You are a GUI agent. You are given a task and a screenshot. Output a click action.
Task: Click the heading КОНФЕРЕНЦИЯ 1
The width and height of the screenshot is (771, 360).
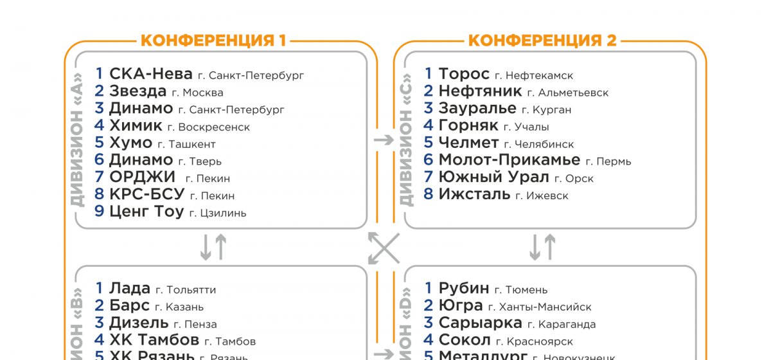coord(213,41)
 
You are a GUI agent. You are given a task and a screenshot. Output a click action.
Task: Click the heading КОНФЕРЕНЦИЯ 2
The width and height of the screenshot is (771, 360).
coord(542,41)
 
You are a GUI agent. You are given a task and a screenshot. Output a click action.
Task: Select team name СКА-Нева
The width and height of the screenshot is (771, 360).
coord(151,74)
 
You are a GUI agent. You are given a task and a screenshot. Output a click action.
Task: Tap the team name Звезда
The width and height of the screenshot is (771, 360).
coord(137,91)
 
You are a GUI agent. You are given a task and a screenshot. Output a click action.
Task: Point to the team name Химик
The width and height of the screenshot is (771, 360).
coord(136,125)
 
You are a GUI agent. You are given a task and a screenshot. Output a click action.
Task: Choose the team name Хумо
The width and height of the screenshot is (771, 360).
coord(130,143)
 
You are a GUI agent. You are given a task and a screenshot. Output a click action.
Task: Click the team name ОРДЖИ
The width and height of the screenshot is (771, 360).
coord(142,177)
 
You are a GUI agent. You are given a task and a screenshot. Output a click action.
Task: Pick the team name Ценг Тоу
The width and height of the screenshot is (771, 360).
coord(146,212)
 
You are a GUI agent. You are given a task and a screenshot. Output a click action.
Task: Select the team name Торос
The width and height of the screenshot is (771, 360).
coord(464,74)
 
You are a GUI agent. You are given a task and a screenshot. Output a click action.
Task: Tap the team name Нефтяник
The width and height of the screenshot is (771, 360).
coord(480,91)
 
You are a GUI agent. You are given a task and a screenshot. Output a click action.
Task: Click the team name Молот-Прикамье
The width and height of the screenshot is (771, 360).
coord(509,160)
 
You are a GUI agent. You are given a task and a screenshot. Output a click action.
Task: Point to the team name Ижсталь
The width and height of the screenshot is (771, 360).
coord(474,194)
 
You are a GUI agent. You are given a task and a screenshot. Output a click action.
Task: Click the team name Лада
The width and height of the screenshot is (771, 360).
coord(130,289)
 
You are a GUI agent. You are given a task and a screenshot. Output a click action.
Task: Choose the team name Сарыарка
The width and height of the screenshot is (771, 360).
coord(480,323)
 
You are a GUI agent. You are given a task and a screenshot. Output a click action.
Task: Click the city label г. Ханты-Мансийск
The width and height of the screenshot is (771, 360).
coord(540,307)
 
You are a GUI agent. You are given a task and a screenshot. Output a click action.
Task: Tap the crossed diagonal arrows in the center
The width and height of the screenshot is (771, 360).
coord(384,248)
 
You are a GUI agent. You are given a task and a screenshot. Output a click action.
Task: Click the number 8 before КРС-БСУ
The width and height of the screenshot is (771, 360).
coord(99,194)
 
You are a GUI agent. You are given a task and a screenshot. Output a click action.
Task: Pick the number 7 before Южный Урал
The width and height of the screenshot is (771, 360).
coord(429,177)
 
